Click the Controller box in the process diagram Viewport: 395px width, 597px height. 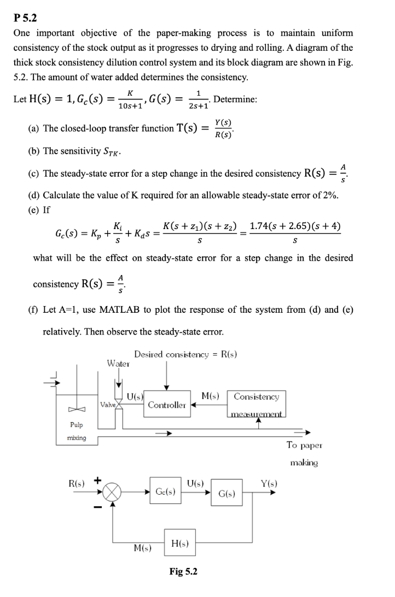coord(167,405)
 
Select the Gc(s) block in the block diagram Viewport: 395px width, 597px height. coord(165,491)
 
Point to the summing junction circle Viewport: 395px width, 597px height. coord(113,491)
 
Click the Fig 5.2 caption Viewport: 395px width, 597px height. coord(183,572)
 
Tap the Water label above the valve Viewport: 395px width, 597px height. coord(118,363)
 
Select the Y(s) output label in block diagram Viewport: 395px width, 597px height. coord(268,483)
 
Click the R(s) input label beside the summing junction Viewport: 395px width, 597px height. coord(76,483)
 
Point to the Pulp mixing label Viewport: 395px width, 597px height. coord(75,431)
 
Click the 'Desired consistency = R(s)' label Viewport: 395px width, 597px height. coord(185,355)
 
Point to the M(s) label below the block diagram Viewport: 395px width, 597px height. coord(143,547)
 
